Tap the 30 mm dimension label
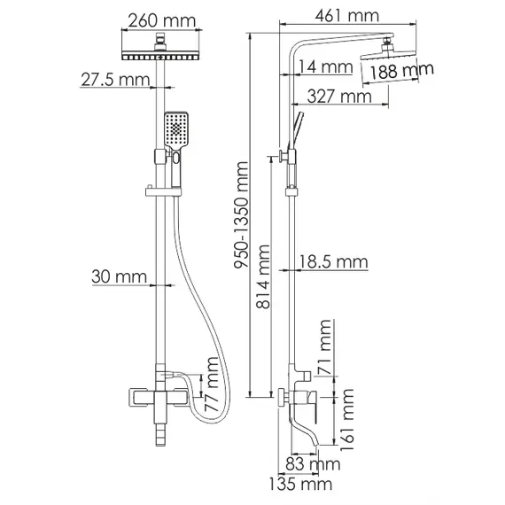click(119, 277)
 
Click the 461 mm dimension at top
click(336, 16)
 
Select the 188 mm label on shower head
click(401, 72)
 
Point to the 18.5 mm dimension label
click(333, 261)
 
